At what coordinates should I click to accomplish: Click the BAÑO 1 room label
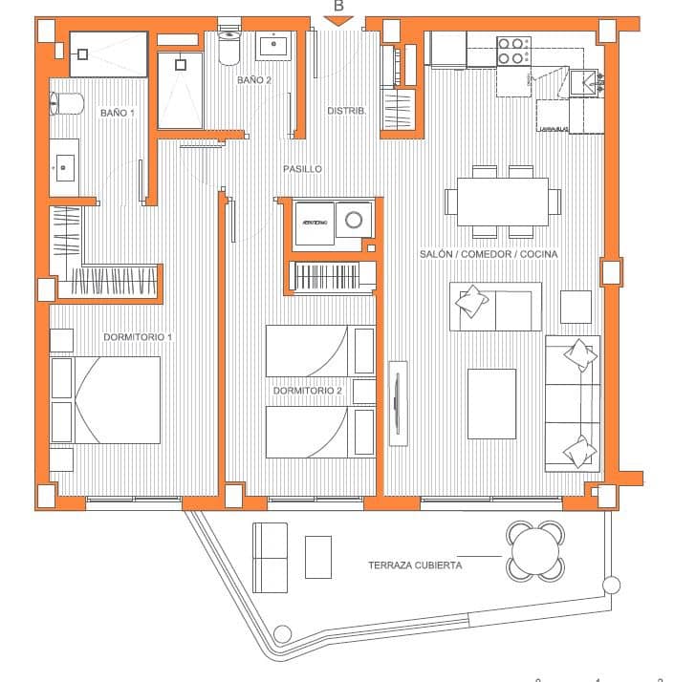pos(117,113)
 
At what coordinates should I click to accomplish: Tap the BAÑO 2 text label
pos(254,80)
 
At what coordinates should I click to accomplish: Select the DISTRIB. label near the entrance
pos(346,111)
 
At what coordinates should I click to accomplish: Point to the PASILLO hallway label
pos(302,169)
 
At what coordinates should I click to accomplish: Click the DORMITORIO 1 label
pos(138,337)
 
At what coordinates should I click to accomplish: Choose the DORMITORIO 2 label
pos(308,391)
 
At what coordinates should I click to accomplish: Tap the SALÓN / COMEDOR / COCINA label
pos(489,254)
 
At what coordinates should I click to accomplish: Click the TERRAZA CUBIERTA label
pos(415,565)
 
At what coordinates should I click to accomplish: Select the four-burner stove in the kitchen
pos(514,51)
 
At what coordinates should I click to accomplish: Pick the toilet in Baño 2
pos(229,45)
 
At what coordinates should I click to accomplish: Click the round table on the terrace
pos(535,550)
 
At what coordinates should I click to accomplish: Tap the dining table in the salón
pos(502,202)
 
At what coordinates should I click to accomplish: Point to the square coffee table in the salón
pos(491,403)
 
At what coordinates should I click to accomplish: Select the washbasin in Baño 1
pos(65,167)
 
